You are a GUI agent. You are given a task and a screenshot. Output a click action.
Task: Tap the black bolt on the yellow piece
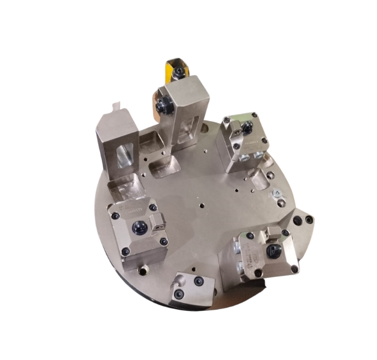tap(179, 73)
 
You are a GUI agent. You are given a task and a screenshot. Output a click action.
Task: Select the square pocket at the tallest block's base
tap(164, 165)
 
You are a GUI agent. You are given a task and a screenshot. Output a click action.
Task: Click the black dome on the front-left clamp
tap(138, 227)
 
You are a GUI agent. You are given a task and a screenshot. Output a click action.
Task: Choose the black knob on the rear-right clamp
tap(248, 128)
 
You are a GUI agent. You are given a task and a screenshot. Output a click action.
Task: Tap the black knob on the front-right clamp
tap(273, 250)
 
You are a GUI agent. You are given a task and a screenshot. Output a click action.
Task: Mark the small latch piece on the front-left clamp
tap(159, 223)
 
